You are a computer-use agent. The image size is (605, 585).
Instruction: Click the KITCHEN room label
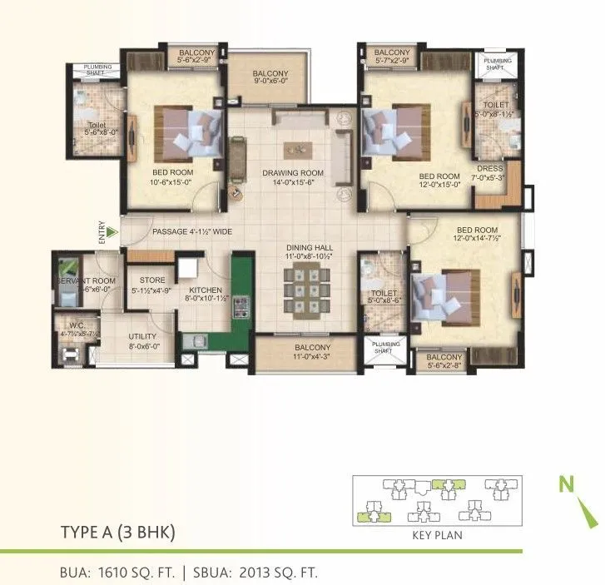click(x=201, y=290)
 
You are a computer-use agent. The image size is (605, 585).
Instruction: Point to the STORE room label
click(x=152, y=280)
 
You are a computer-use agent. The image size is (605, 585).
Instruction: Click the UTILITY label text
click(x=143, y=337)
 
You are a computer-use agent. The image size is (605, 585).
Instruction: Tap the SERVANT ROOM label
click(x=87, y=281)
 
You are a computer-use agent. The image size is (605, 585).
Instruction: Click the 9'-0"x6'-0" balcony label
click(x=270, y=73)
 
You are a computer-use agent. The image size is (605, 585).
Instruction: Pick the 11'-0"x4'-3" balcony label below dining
click(x=312, y=348)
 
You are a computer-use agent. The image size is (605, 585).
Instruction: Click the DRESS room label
click(x=490, y=169)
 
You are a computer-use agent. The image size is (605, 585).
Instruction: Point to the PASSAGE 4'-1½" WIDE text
click(x=192, y=231)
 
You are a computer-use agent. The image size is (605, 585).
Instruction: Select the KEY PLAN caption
click(x=437, y=535)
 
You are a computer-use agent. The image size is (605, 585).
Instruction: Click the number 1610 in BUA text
click(x=109, y=572)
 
